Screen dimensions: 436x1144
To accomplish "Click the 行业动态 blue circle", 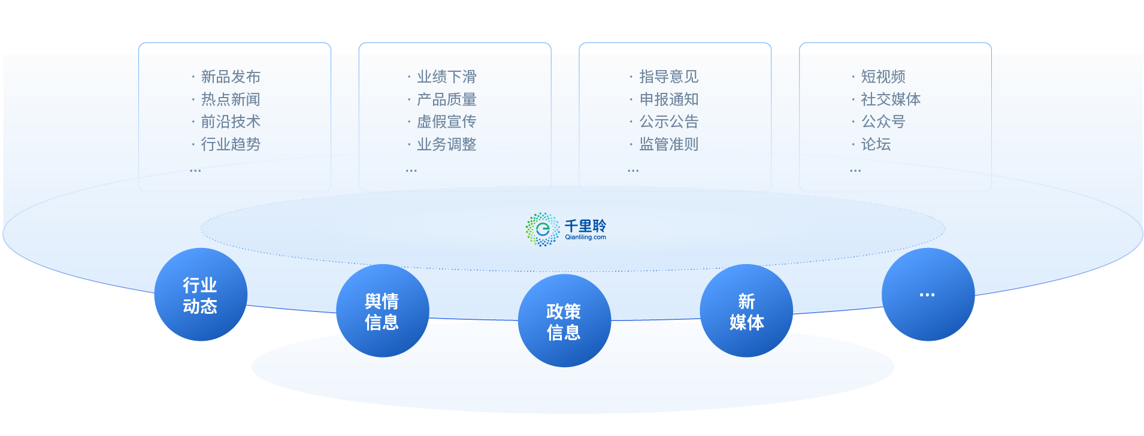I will pyautogui.click(x=201, y=295).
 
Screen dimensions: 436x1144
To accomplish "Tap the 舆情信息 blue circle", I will pyautogui.click(x=382, y=311).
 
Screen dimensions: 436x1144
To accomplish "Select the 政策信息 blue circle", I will pyautogui.click(x=564, y=321).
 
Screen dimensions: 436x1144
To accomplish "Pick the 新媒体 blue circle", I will pyautogui.click(x=746, y=311).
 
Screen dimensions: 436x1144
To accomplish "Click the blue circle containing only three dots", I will pyautogui.click(x=928, y=295).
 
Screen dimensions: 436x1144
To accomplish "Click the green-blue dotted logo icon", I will pyautogui.click(x=543, y=229).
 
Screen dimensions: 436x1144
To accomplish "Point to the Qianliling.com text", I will pyautogui.click(x=585, y=237).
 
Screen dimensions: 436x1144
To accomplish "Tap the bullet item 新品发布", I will pyautogui.click(x=231, y=77).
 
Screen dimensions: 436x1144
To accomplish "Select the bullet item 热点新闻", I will pyautogui.click(x=231, y=99).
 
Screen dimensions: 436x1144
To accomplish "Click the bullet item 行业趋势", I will pyautogui.click(x=231, y=144).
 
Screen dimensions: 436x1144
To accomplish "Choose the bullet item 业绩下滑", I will pyautogui.click(x=446, y=77).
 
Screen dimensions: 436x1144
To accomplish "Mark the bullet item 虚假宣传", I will pyautogui.click(x=446, y=122).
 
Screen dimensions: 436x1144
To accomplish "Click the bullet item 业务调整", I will pyautogui.click(x=446, y=144).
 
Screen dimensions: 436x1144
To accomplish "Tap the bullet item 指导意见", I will pyautogui.click(x=668, y=77).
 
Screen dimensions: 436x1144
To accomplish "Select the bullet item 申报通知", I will pyautogui.click(x=668, y=99).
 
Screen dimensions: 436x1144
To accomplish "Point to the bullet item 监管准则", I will pyautogui.click(x=668, y=144).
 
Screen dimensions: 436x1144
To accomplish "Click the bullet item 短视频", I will pyautogui.click(x=883, y=77).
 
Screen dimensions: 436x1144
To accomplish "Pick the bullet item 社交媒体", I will pyautogui.click(x=891, y=99).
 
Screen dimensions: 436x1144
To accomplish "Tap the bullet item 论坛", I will pyautogui.click(x=876, y=144).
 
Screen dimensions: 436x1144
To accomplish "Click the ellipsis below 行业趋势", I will pyautogui.click(x=195, y=171).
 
